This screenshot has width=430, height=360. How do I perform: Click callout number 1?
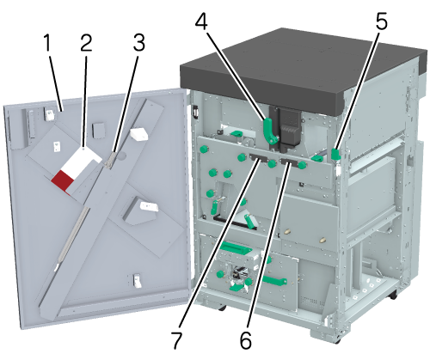(x=47, y=43)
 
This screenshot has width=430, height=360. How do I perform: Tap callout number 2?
(x=86, y=43)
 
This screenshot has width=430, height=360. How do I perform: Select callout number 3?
(x=138, y=43)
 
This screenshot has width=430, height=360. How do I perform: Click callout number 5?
(x=381, y=21)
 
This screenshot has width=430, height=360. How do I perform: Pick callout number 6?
(x=246, y=340)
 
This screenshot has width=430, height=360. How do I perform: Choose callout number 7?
(x=176, y=340)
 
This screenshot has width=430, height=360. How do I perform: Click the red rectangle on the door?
(x=62, y=180)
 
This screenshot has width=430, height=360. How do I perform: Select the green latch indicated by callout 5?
(x=335, y=154)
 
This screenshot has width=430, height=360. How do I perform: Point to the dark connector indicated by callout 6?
(x=289, y=161)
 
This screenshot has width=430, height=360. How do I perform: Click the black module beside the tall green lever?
(x=290, y=127)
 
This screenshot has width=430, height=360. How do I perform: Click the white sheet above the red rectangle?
(x=81, y=162)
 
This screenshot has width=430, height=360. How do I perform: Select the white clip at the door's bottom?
(x=137, y=281)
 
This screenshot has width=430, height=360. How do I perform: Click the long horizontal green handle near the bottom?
(x=274, y=280)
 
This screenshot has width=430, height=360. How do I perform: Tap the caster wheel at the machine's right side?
(x=393, y=295)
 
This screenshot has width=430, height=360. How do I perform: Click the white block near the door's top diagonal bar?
(x=139, y=134)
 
